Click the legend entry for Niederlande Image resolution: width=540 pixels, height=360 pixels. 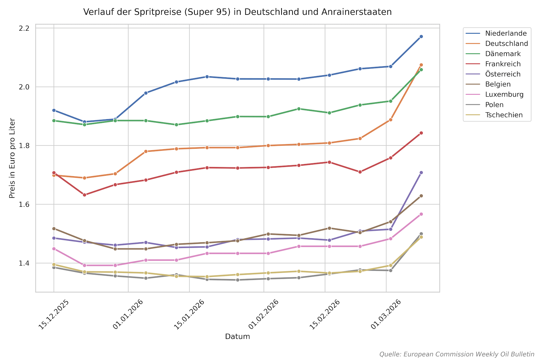tap(506, 33)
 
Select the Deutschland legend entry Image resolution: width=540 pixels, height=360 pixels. tap(506, 44)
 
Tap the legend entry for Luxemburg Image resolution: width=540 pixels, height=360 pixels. tap(504, 94)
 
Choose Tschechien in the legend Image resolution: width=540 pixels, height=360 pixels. tap(504, 115)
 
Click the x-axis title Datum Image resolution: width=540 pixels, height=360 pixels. tap(237, 337)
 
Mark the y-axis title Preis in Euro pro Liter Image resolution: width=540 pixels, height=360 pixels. tap(12, 158)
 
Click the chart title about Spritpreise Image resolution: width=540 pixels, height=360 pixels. tap(237, 12)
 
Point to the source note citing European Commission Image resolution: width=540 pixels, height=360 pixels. tap(457, 354)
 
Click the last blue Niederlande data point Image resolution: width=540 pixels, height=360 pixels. tap(421, 36)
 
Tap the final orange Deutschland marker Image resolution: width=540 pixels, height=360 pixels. tap(421, 65)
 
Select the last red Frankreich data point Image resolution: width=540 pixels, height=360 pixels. tap(421, 133)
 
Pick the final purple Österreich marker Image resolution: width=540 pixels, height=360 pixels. tap(421, 173)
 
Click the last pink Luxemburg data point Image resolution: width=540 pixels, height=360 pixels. tap(421, 214)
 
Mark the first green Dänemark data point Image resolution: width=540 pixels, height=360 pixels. tap(54, 120)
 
